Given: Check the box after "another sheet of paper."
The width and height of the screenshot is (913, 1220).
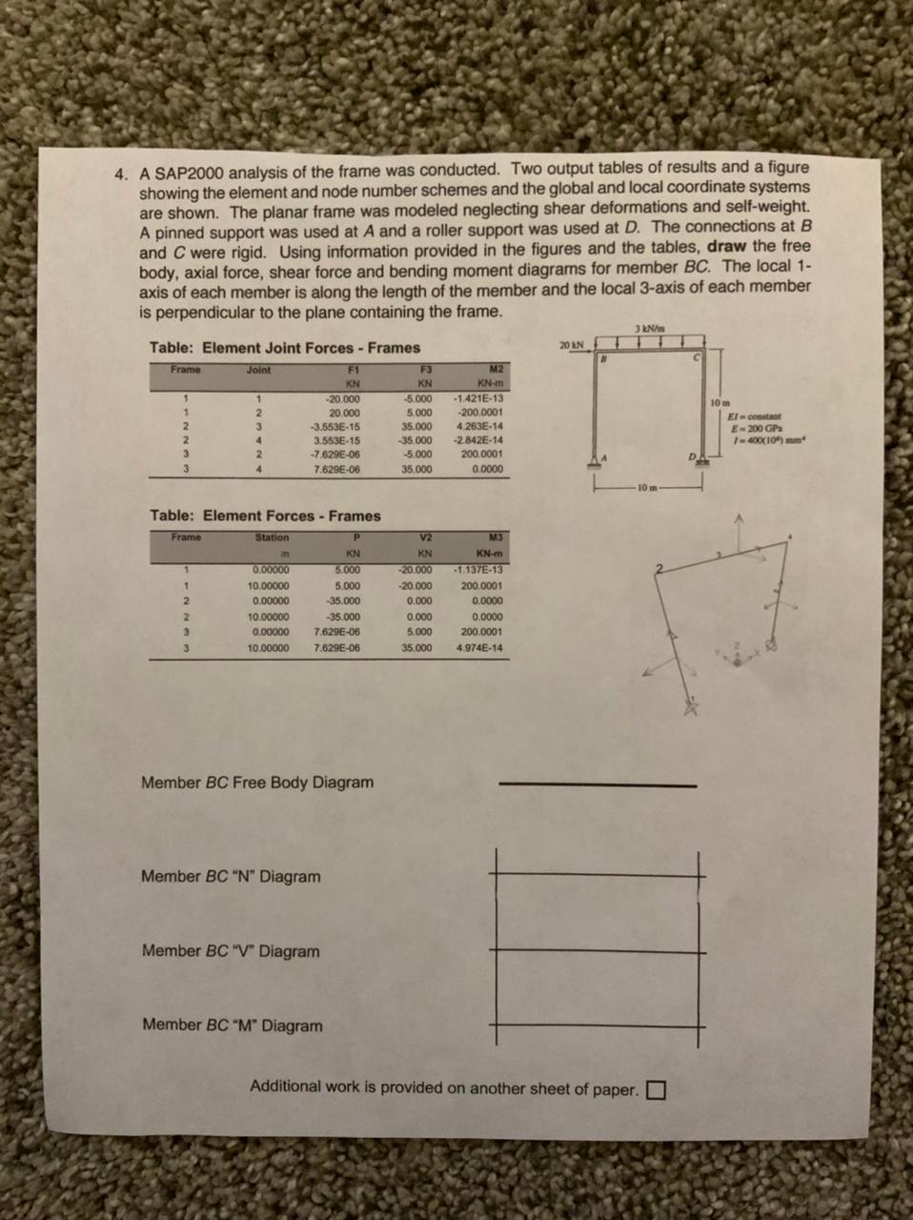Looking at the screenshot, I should click(x=656, y=1089).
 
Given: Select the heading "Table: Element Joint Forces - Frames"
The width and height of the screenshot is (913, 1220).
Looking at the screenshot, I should click(x=284, y=348).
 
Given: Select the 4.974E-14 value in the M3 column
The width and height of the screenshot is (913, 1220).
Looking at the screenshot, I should click(x=480, y=647).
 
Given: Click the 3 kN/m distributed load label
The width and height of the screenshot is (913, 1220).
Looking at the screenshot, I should click(x=649, y=329).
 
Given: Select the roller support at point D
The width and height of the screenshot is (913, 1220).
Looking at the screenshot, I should click(x=703, y=461).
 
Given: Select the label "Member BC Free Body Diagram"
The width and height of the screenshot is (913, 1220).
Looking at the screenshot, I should click(x=257, y=783).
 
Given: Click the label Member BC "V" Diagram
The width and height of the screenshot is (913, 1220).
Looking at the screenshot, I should click(x=231, y=951).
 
